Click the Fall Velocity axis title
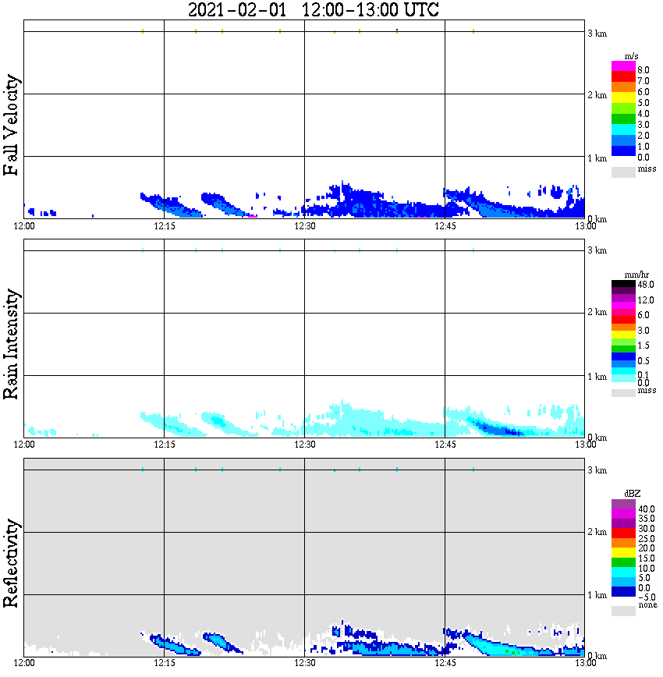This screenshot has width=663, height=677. click(12, 125)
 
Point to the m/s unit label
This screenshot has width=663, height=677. click(623, 57)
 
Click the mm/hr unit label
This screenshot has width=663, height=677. click(625, 275)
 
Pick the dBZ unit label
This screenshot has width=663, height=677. click(624, 494)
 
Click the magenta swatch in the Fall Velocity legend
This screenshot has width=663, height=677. click(623, 66)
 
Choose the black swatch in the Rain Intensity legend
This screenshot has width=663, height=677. click(623, 285)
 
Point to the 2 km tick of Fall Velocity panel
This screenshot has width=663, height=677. click(597, 95)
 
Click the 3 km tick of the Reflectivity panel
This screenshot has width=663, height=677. click(597, 470)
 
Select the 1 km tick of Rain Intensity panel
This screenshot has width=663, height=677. click(597, 377)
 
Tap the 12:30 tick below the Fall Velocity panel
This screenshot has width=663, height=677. click(304, 226)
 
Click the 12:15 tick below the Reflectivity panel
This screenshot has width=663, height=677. click(164, 664)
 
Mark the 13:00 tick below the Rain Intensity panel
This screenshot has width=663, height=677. click(585, 445)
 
